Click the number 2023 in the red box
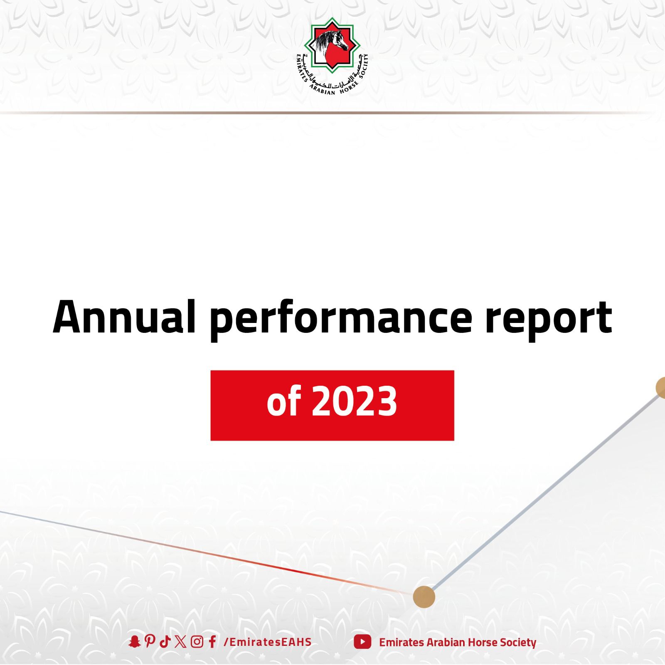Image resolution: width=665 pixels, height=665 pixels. coord(355,401)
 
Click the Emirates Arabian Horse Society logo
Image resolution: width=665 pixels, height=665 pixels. coord(332,57)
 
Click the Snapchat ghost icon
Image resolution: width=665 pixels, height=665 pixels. coord(134,642)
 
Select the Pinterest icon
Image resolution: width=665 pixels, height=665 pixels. coord(150,642)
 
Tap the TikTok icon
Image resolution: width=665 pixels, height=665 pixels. coord(165,642)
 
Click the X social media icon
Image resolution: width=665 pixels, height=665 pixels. coord(181,642)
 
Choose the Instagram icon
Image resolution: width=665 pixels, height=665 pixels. coord(197,642)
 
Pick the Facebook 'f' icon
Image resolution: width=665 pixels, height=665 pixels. coord(212,642)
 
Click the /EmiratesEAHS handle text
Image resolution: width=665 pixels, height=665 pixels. coord(268,642)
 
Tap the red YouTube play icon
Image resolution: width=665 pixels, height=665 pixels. coord(362,642)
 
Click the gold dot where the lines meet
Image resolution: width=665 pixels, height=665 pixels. coord(424,597)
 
